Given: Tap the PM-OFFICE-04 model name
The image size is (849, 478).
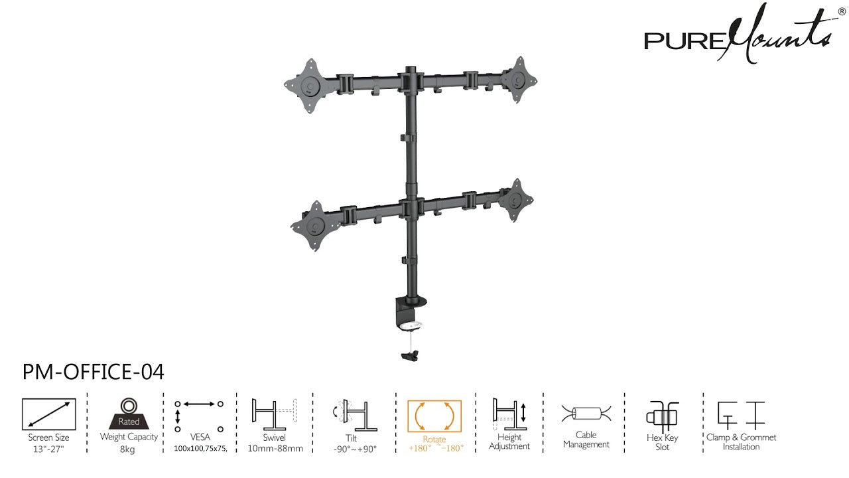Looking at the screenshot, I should point(94,372).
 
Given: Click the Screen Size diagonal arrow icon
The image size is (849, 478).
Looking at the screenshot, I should point(49,414).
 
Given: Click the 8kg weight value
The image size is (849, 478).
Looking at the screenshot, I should point(128,449).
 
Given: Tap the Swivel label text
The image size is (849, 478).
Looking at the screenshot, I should point(274,438).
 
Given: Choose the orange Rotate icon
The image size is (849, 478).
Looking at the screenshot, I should point(434,416).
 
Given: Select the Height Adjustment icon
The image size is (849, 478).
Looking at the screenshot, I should point(509,414).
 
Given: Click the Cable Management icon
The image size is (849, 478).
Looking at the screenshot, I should point(586,414).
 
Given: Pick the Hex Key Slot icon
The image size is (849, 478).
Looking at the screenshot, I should point(662,416).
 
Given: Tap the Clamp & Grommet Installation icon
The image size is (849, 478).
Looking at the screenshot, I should point(741,414).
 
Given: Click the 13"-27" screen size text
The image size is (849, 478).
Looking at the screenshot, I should point(49,449).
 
